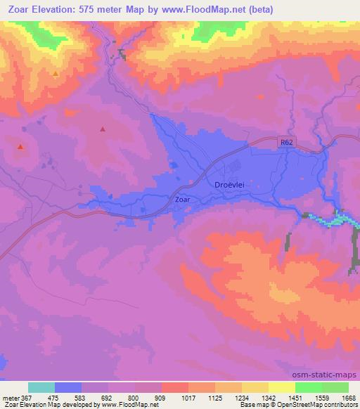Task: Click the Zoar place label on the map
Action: (182, 200)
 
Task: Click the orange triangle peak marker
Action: (56, 73)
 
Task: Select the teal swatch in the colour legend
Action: (41, 387)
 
